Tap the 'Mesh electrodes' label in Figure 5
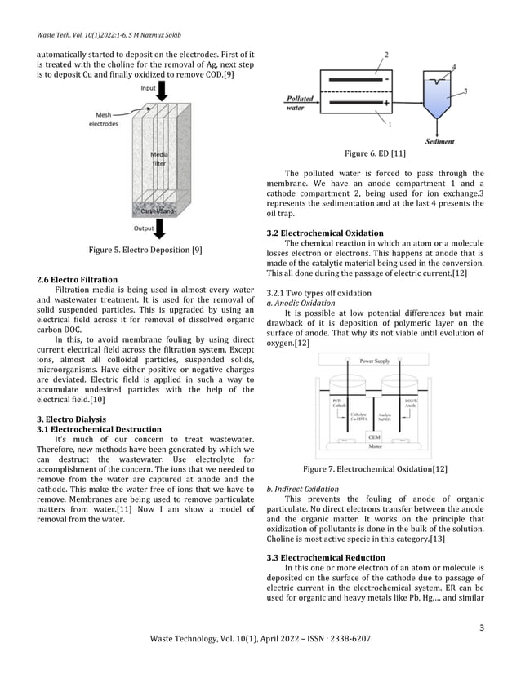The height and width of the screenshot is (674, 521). point(105,120)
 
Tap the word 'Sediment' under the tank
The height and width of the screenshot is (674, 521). point(440,141)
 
